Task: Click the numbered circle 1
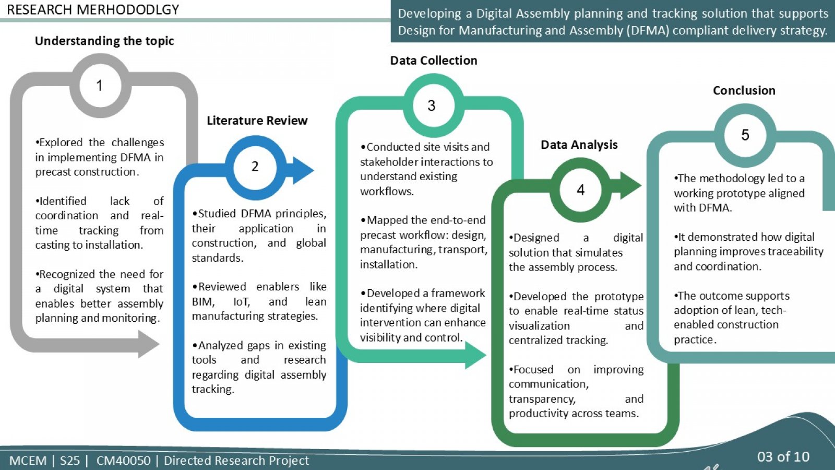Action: coord(100,86)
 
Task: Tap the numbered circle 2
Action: coord(255,167)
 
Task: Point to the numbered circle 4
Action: coord(580,190)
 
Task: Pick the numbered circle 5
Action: coord(745,135)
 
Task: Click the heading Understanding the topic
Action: coord(104,41)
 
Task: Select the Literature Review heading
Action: coord(257,121)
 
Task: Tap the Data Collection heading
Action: coord(434,61)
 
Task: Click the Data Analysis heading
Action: coord(579,145)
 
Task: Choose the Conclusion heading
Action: coord(744,91)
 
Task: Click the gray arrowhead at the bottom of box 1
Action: coord(148,344)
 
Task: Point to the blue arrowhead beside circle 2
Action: coord(303,170)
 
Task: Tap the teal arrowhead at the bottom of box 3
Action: coord(475,355)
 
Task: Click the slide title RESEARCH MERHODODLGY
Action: coord(93,10)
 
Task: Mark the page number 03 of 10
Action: coord(783,456)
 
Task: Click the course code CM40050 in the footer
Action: coord(123,461)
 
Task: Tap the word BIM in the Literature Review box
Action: coord(203,301)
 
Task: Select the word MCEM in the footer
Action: coord(28,461)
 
